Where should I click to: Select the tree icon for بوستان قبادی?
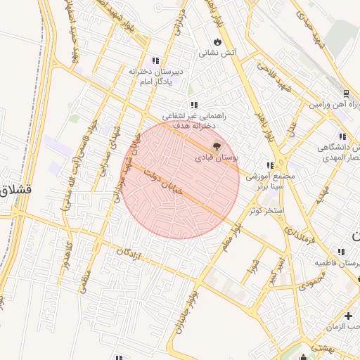(216, 147)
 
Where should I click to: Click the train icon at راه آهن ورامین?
(345, 94)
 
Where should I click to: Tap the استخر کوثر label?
(266, 210)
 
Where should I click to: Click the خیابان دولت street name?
(162, 181)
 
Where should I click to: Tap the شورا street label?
(254, 267)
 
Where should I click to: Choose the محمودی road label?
(311, 285)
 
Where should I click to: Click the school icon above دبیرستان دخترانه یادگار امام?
(155, 60)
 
